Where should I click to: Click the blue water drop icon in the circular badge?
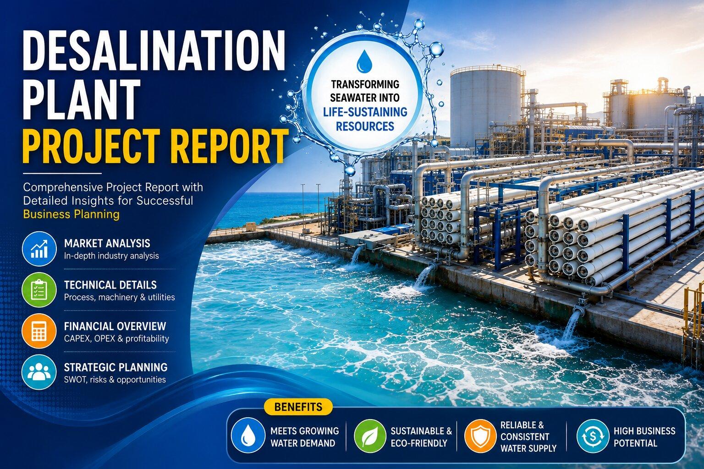tap(364, 60)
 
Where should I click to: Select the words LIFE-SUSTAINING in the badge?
tap(365, 112)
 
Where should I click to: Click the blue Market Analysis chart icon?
tap(39, 249)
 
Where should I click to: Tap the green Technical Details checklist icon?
tap(39, 289)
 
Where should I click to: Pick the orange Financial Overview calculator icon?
tap(39, 331)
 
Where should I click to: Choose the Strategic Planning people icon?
tap(39, 372)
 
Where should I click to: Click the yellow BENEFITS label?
tap(298, 407)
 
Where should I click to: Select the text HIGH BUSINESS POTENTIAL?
tap(644, 436)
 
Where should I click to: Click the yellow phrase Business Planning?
tap(71, 214)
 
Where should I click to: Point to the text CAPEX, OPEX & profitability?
tap(116, 338)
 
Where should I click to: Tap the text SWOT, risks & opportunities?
tap(115, 380)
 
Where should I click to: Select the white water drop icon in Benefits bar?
tap(248, 436)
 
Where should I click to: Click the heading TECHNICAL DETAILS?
tap(110, 285)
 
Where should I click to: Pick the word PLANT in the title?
tap(81, 98)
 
